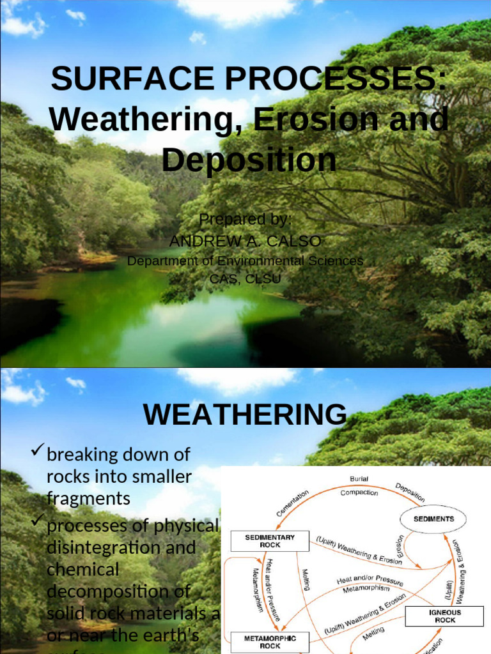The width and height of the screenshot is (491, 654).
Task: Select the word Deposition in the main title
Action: point(249,160)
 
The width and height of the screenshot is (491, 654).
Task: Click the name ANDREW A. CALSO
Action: point(245,241)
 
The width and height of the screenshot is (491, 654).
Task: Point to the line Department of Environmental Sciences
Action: point(245,261)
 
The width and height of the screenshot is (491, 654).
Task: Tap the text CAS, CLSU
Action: point(245,278)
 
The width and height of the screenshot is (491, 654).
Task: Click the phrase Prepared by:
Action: point(245,220)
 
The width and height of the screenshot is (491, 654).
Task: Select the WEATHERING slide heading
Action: point(245,415)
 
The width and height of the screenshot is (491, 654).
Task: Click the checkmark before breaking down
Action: point(38,453)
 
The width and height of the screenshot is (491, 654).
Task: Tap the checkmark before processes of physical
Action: point(38,523)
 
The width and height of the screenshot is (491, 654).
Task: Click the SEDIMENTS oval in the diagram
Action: point(433,519)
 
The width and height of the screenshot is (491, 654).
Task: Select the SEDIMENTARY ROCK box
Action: point(270,542)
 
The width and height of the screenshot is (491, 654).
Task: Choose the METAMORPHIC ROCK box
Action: point(270,642)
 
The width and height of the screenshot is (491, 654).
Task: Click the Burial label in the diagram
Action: point(359,478)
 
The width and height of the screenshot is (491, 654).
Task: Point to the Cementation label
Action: point(292,503)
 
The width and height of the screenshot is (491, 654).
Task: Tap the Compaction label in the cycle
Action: point(359,492)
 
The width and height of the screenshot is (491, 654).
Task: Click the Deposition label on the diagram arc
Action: point(410,492)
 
